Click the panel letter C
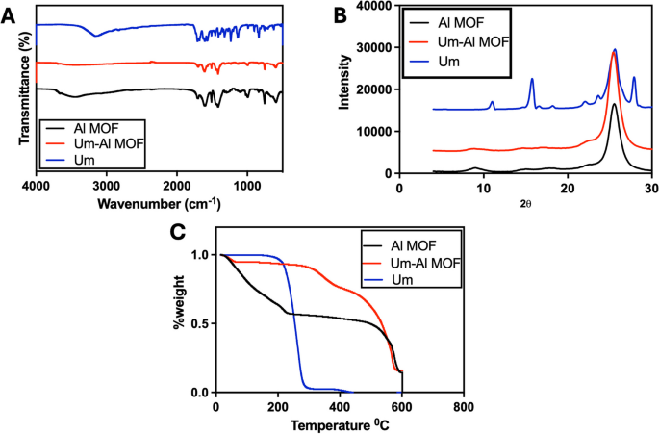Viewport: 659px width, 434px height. point(176,231)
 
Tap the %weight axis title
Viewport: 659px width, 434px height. point(177,322)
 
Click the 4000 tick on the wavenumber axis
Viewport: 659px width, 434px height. point(36,186)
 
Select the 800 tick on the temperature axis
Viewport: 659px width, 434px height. point(464,405)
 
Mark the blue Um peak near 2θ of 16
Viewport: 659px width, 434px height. point(532,79)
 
